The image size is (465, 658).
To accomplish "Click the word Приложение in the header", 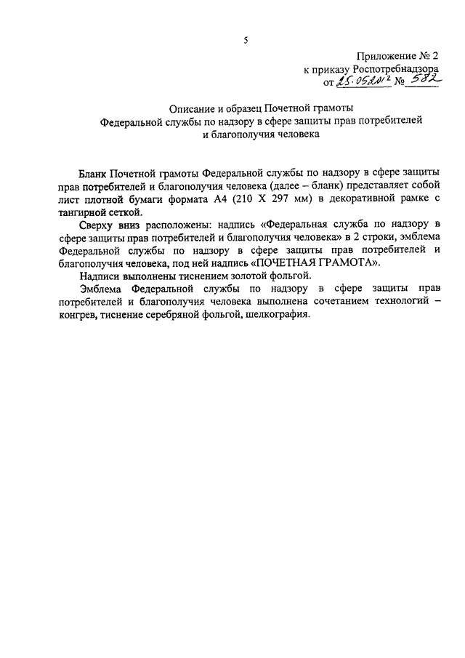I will point(386,56).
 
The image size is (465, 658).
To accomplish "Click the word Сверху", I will point(100,225).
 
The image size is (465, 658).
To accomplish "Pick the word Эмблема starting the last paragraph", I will point(102,289).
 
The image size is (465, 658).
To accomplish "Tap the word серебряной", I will point(182,316).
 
